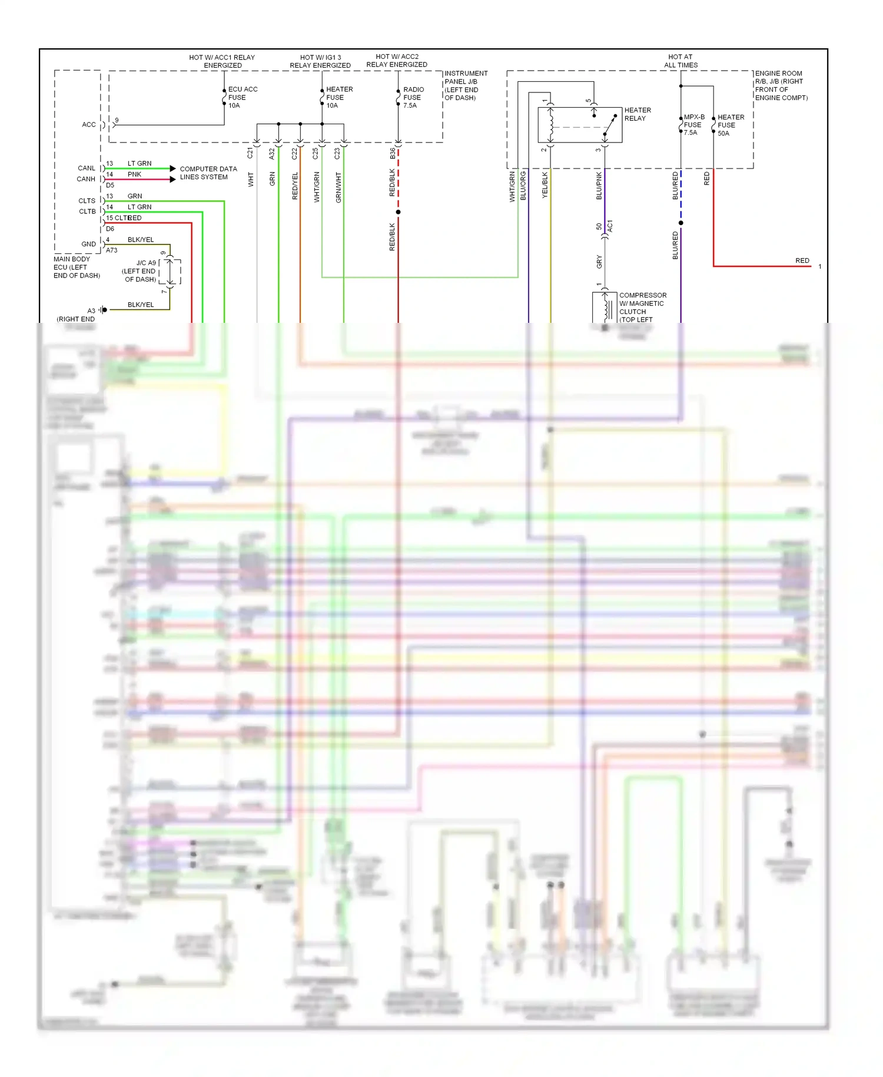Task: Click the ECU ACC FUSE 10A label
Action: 242,97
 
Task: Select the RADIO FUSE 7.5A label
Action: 413,97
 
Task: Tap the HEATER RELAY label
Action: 637,114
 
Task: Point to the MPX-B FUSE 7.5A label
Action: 693,125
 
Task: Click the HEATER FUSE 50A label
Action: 730,125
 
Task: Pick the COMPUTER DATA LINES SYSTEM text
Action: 208,173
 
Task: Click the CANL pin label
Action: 87,169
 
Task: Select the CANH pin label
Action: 86,179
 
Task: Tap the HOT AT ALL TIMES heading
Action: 680,61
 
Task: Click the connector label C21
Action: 250,153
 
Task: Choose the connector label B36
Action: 393,153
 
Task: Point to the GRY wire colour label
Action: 599,262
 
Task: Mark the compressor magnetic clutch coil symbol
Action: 606,307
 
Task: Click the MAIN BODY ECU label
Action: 77,267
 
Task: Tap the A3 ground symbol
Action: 103,310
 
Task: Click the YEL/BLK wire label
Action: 545,184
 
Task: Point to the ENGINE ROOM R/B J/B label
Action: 781,85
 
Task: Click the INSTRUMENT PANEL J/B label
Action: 465,85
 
